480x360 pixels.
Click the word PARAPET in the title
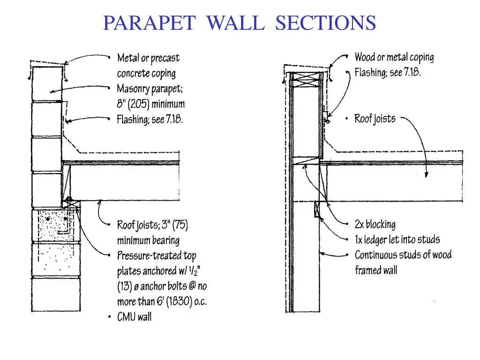(150, 22)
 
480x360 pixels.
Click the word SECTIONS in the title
(325, 22)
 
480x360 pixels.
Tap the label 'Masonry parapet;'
(149, 89)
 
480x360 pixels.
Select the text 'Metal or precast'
(148, 58)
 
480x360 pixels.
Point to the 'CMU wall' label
(134, 317)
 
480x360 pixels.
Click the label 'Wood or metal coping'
(394, 58)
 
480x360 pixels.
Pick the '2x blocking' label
(375, 225)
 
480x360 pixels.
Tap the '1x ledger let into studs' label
(397, 240)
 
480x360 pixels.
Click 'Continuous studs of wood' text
(403, 255)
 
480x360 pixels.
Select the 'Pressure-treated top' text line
(157, 256)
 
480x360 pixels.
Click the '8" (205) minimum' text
(151, 104)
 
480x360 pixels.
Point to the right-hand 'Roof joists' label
(375, 119)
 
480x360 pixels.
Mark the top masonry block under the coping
(47, 83)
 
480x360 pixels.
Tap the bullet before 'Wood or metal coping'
(348, 58)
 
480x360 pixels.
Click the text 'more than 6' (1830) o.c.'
(162, 301)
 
